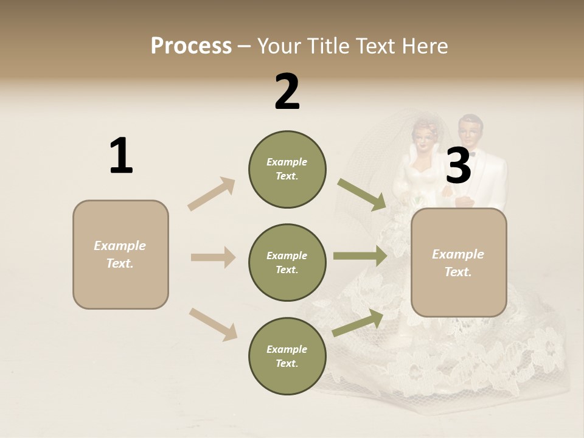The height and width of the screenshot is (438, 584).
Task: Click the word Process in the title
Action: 191,46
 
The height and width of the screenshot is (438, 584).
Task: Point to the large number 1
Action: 121,156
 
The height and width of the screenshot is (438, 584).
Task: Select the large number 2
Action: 287,92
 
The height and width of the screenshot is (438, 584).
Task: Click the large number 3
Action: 458,166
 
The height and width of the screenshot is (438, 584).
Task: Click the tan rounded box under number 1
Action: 120,254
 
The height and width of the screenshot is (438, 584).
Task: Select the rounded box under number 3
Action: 459,262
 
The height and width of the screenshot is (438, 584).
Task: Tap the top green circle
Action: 287,169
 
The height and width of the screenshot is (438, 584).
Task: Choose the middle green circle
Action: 287,262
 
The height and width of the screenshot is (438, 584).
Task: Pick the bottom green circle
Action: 287,356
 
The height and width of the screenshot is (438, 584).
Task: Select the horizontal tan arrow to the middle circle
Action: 213,257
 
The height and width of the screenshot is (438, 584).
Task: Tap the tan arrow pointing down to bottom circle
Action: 213,324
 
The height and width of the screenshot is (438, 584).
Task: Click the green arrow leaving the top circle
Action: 362,195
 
